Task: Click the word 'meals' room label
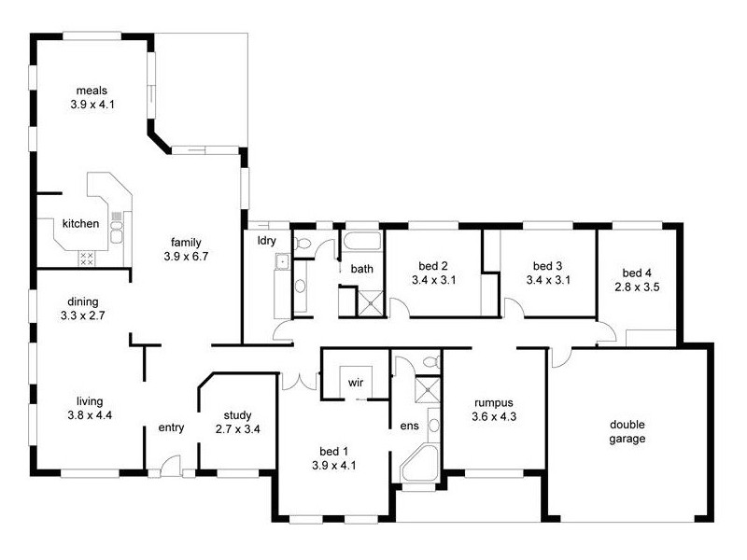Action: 92,91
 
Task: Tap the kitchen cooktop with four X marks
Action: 86,259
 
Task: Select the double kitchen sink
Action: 117,227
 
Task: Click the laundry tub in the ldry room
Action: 280,264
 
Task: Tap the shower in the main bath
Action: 372,301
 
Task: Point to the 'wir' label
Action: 355,383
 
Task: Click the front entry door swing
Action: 168,465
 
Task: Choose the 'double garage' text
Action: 627,431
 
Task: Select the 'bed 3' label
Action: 548,264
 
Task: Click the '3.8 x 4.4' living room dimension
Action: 90,415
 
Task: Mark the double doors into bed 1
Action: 299,381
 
